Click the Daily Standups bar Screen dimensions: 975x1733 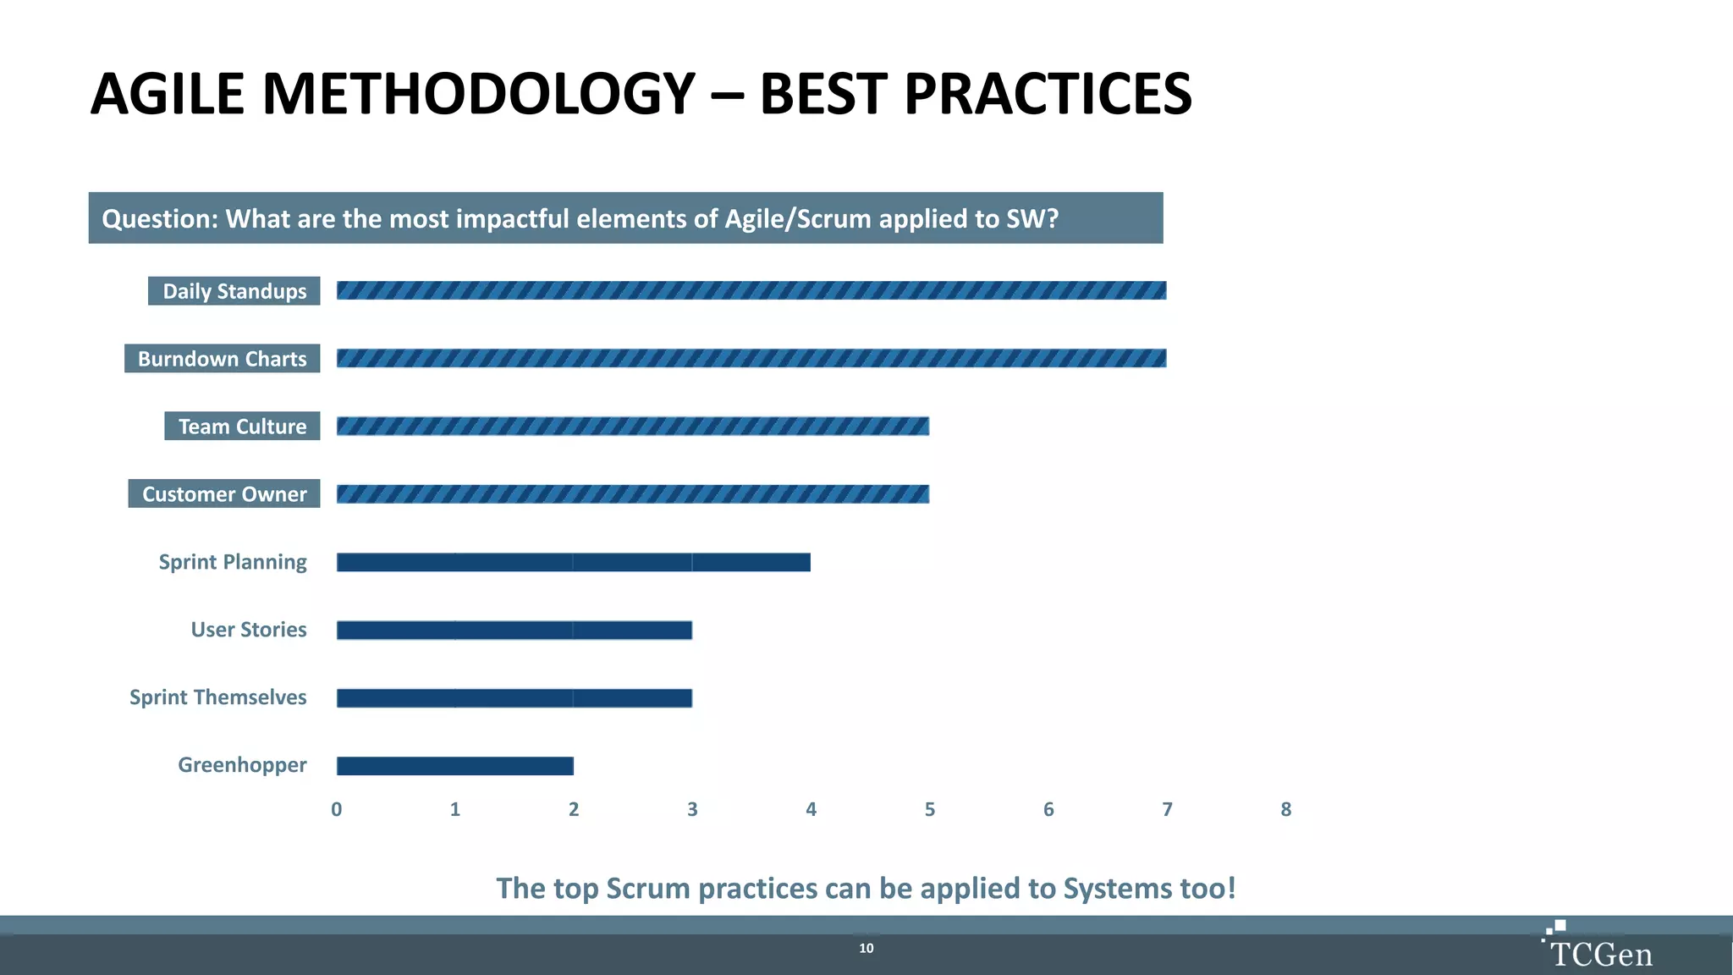tap(751, 290)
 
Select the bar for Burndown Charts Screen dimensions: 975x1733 tap(751, 358)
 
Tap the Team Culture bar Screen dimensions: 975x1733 tap(633, 426)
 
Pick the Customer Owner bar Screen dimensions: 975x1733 tap(633, 493)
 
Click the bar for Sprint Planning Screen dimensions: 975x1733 tap(574, 562)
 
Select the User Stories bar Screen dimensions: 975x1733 tap(514, 630)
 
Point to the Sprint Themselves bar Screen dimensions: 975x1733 tap(514, 697)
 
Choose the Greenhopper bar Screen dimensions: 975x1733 tap(455, 766)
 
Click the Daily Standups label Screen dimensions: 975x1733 tap(234, 291)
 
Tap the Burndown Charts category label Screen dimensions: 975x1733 tap(223, 359)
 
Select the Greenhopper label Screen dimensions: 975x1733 tap(242, 765)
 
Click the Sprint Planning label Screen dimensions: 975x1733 tap(233, 562)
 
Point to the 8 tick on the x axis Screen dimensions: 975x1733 tap(1285, 810)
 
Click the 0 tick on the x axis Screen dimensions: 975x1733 tap(337, 810)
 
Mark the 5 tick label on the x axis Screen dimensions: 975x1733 tap(930, 810)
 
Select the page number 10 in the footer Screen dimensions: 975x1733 tap(866, 949)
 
